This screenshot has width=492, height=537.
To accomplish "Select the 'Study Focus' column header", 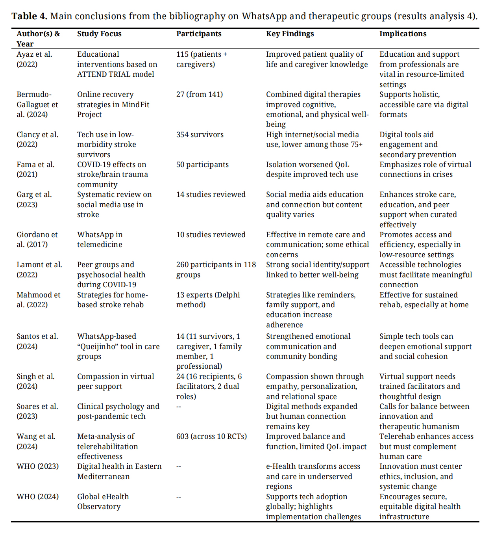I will (x=99, y=34).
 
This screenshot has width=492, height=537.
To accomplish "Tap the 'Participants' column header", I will (x=199, y=34).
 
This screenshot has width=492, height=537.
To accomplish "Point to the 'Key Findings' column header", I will (x=290, y=34).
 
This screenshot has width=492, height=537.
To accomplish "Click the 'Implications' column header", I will (x=403, y=34).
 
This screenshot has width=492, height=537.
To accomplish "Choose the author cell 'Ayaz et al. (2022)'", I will (x=34, y=59).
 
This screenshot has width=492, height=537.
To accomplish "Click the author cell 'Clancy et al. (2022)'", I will (x=37, y=139).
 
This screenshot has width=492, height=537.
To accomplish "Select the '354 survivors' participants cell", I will (x=200, y=135).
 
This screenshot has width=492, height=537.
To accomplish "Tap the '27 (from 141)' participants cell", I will (x=200, y=95).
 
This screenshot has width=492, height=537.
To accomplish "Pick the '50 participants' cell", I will (x=202, y=165).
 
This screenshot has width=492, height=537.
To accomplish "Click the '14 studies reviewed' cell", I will (x=211, y=195).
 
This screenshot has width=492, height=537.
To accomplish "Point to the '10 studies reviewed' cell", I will (x=211, y=235).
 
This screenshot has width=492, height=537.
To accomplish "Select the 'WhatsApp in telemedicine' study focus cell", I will (x=100, y=240).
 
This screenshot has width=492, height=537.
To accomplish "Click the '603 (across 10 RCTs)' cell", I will (x=211, y=437).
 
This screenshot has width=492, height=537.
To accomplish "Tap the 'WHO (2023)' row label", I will (x=37, y=466).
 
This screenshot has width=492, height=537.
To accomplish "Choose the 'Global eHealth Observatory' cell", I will (x=103, y=502).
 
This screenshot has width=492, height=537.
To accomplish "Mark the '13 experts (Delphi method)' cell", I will (x=208, y=300).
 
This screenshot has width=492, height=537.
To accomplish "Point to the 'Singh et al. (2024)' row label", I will (x=35, y=381).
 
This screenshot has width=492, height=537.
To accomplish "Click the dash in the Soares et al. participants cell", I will (x=179, y=407).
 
